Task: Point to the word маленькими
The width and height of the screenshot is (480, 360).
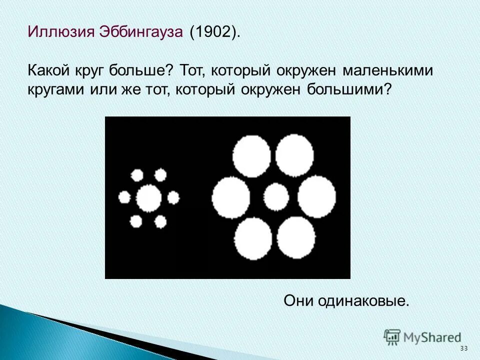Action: coord(387,70)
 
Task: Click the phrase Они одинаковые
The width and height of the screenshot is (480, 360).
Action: coord(346,300)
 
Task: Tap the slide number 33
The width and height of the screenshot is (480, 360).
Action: coord(463,348)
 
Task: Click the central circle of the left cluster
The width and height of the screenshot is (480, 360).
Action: coord(149,198)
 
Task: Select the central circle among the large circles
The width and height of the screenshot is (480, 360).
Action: coord(276,196)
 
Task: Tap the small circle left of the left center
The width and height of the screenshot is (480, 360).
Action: coord(124,197)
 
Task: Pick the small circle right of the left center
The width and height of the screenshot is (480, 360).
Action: coord(173,198)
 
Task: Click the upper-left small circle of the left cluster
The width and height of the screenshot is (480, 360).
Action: coord(136,175)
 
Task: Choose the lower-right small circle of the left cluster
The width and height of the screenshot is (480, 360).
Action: coord(160,221)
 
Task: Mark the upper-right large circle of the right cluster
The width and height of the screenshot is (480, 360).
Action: coord(294,155)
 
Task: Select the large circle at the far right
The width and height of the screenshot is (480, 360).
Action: coord(317,196)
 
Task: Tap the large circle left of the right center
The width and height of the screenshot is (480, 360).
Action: coord(231,197)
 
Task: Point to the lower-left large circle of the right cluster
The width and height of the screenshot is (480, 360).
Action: coord(253,237)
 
